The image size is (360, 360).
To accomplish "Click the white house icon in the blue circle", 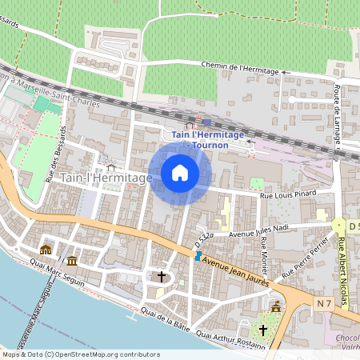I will pyautogui.click(x=180, y=173).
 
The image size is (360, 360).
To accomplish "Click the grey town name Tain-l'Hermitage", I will pyautogui.click(x=106, y=178).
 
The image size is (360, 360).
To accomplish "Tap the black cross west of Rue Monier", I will pyautogui.click(x=162, y=277).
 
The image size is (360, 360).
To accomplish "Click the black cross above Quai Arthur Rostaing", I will pyautogui.click(x=262, y=329).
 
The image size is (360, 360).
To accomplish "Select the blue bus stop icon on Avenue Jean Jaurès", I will pyautogui.click(x=198, y=256).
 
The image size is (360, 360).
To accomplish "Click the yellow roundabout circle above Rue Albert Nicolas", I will pyautogui.click(x=338, y=226).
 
